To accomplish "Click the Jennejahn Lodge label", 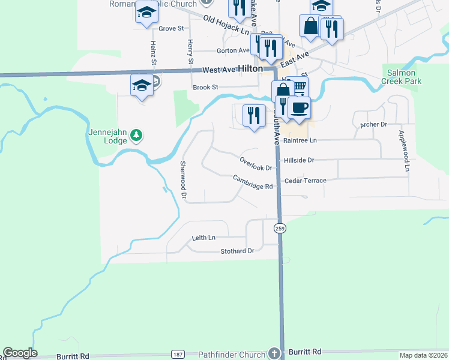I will pyautogui.click(x=107, y=136).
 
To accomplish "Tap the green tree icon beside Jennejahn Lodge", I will pyautogui.click(x=137, y=136).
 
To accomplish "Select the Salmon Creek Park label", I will pyautogui.click(x=404, y=77).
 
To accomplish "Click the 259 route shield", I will pyautogui.click(x=280, y=228).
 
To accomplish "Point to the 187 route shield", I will pyautogui.click(x=177, y=355).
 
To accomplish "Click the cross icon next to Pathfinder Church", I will pyautogui.click(x=275, y=353).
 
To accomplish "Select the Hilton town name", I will pyautogui.click(x=250, y=69).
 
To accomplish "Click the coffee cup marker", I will pyautogui.click(x=299, y=107).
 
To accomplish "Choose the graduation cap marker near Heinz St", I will pyautogui.click(x=142, y=86).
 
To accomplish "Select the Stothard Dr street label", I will pyautogui.click(x=237, y=251).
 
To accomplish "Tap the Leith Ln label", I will pyautogui.click(x=203, y=238).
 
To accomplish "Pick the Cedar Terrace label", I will pyautogui.click(x=306, y=180).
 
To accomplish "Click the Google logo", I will pyautogui.click(x=20, y=353).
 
